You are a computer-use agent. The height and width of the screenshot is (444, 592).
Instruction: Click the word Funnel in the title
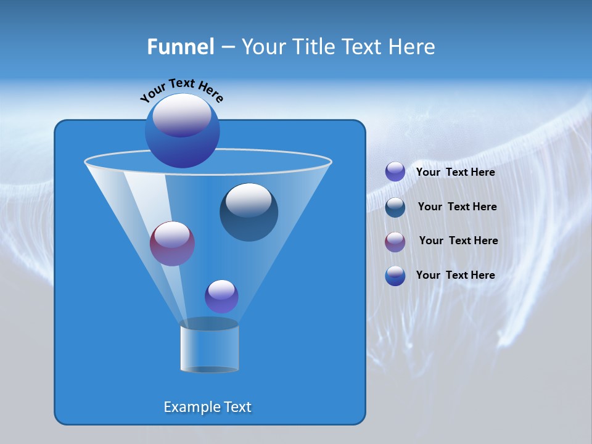point(180,47)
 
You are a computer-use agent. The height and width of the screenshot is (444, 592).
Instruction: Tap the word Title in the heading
point(313,47)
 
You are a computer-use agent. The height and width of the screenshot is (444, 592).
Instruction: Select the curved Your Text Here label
point(181,90)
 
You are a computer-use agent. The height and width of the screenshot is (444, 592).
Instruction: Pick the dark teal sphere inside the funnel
point(249,213)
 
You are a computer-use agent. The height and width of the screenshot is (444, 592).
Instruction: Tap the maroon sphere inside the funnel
point(172,244)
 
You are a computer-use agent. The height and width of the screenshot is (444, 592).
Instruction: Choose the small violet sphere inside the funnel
point(221,297)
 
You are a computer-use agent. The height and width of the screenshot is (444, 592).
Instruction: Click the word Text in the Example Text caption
point(237,407)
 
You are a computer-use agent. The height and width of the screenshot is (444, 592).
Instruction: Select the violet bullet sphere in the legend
point(395,171)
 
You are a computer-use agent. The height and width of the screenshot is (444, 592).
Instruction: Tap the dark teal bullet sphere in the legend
point(395,207)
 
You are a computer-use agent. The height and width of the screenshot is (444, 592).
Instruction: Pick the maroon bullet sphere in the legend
point(395,241)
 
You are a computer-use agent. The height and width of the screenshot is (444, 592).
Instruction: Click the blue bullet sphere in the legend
point(395,276)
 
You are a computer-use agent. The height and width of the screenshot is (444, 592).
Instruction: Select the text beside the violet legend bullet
point(455,172)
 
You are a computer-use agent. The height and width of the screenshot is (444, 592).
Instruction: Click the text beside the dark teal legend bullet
point(457,207)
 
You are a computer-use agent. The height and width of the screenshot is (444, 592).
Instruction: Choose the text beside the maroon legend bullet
point(458,240)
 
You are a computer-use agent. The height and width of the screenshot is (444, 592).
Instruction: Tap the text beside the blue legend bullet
point(455,275)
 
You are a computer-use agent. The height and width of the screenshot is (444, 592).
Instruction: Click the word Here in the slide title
point(413,47)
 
